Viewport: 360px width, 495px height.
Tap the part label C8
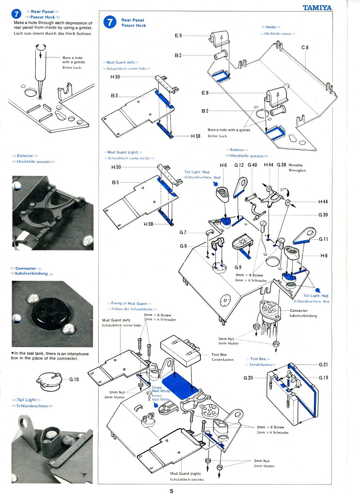(x=304, y=47)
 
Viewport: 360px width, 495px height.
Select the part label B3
(x=114, y=96)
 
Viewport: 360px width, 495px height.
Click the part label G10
(x=74, y=379)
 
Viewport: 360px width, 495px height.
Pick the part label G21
(x=323, y=364)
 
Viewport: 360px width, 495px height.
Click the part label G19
(x=323, y=377)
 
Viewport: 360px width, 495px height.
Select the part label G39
(x=323, y=215)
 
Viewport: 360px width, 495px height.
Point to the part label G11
(x=323, y=239)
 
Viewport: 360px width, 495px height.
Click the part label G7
(x=183, y=233)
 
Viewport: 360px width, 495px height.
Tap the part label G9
(x=238, y=267)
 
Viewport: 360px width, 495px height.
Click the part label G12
(x=239, y=165)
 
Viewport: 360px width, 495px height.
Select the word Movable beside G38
(x=297, y=165)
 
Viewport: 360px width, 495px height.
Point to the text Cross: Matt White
(x=160, y=389)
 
